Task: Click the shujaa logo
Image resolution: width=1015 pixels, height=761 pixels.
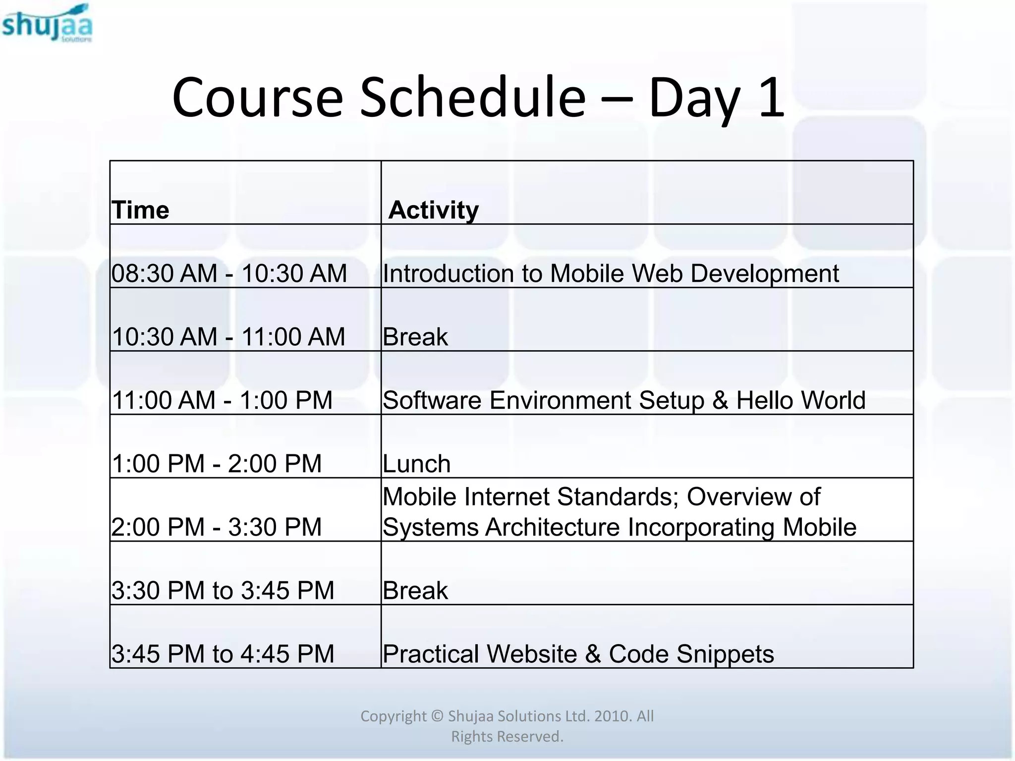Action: tap(47, 24)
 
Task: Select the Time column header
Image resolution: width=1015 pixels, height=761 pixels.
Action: tap(140, 210)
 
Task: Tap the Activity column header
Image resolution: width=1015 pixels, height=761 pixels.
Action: tap(433, 210)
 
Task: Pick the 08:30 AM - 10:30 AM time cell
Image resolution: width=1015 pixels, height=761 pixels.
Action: tap(229, 273)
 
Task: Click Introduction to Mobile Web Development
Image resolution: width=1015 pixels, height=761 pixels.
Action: tap(611, 273)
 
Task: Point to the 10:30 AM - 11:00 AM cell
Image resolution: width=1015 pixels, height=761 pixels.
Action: tap(228, 337)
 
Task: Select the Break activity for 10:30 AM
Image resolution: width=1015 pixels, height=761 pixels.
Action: tap(415, 337)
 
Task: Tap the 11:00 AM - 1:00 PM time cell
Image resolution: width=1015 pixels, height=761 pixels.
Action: tap(222, 400)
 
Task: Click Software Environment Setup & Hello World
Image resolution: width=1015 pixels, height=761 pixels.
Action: tap(624, 400)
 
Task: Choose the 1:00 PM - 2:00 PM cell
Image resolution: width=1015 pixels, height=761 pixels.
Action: tap(217, 464)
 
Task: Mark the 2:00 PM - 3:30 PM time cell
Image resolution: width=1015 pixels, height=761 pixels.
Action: tap(217, 527)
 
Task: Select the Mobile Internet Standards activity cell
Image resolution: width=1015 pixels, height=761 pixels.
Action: tap(620, 512)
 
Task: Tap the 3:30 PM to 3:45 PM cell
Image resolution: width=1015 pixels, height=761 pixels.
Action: tap(223, 591)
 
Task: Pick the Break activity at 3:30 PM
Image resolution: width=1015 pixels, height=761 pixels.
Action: tap(415, 591)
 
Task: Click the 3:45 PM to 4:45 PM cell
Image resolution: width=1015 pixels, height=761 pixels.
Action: tap(223, 654)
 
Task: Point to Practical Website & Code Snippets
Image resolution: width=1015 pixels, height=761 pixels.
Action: tap(578, 654)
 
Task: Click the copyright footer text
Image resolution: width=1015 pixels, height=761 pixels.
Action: tap(507, 726)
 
